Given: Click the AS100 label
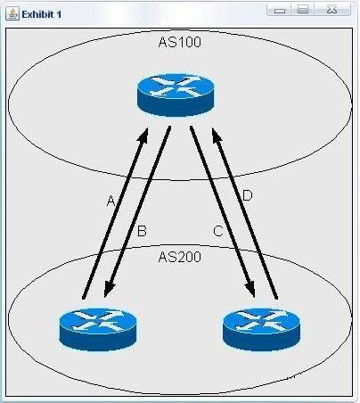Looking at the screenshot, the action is (180, 42).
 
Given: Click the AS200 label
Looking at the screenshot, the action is (180, 257).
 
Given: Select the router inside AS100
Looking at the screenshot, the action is (176, 95).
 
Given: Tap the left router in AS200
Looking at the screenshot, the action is (98, 330).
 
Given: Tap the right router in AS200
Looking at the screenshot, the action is (261, 330).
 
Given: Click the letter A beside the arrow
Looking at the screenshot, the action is (110, 201).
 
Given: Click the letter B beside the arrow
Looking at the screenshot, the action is (142, 231).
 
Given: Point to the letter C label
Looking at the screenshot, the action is (218, 231).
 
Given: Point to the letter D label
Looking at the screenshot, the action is (248, 196).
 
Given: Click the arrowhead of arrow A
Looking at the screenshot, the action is (143, 135).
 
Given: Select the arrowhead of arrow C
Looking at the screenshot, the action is (250, 290).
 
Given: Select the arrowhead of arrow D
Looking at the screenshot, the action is (216, 135).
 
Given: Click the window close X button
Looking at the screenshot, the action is (332, 10).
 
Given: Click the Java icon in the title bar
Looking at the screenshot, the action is (12, 14).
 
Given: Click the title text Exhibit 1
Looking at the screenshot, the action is (42, 14).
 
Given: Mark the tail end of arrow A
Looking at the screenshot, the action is (84, 298).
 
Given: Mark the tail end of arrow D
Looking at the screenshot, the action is (276, 298).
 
